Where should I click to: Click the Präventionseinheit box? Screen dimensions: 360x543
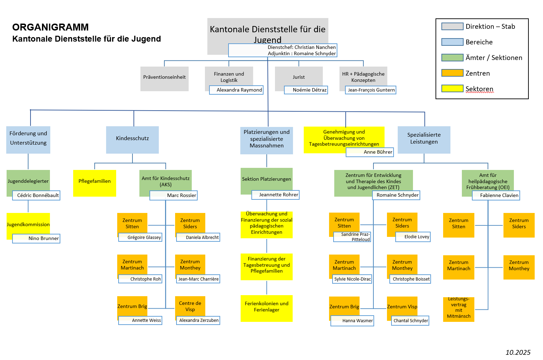164,77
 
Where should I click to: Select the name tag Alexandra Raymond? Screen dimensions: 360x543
236,90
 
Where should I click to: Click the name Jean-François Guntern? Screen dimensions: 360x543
371,90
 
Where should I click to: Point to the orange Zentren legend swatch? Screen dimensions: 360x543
452,73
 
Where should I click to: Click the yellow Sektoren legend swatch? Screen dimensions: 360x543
452,88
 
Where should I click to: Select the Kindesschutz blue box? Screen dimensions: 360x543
132,138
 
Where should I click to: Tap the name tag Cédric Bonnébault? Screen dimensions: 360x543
36,195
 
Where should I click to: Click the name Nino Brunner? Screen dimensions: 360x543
36,239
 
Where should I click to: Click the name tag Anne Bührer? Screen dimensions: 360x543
370,152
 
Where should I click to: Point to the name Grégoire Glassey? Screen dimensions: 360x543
140,238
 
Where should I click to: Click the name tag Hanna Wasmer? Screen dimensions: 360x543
352,321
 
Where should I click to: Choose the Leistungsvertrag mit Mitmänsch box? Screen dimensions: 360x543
458,308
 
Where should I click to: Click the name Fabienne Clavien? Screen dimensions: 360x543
496,196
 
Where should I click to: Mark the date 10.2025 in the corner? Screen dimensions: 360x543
518,352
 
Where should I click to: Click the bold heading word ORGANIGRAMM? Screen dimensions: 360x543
51,27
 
